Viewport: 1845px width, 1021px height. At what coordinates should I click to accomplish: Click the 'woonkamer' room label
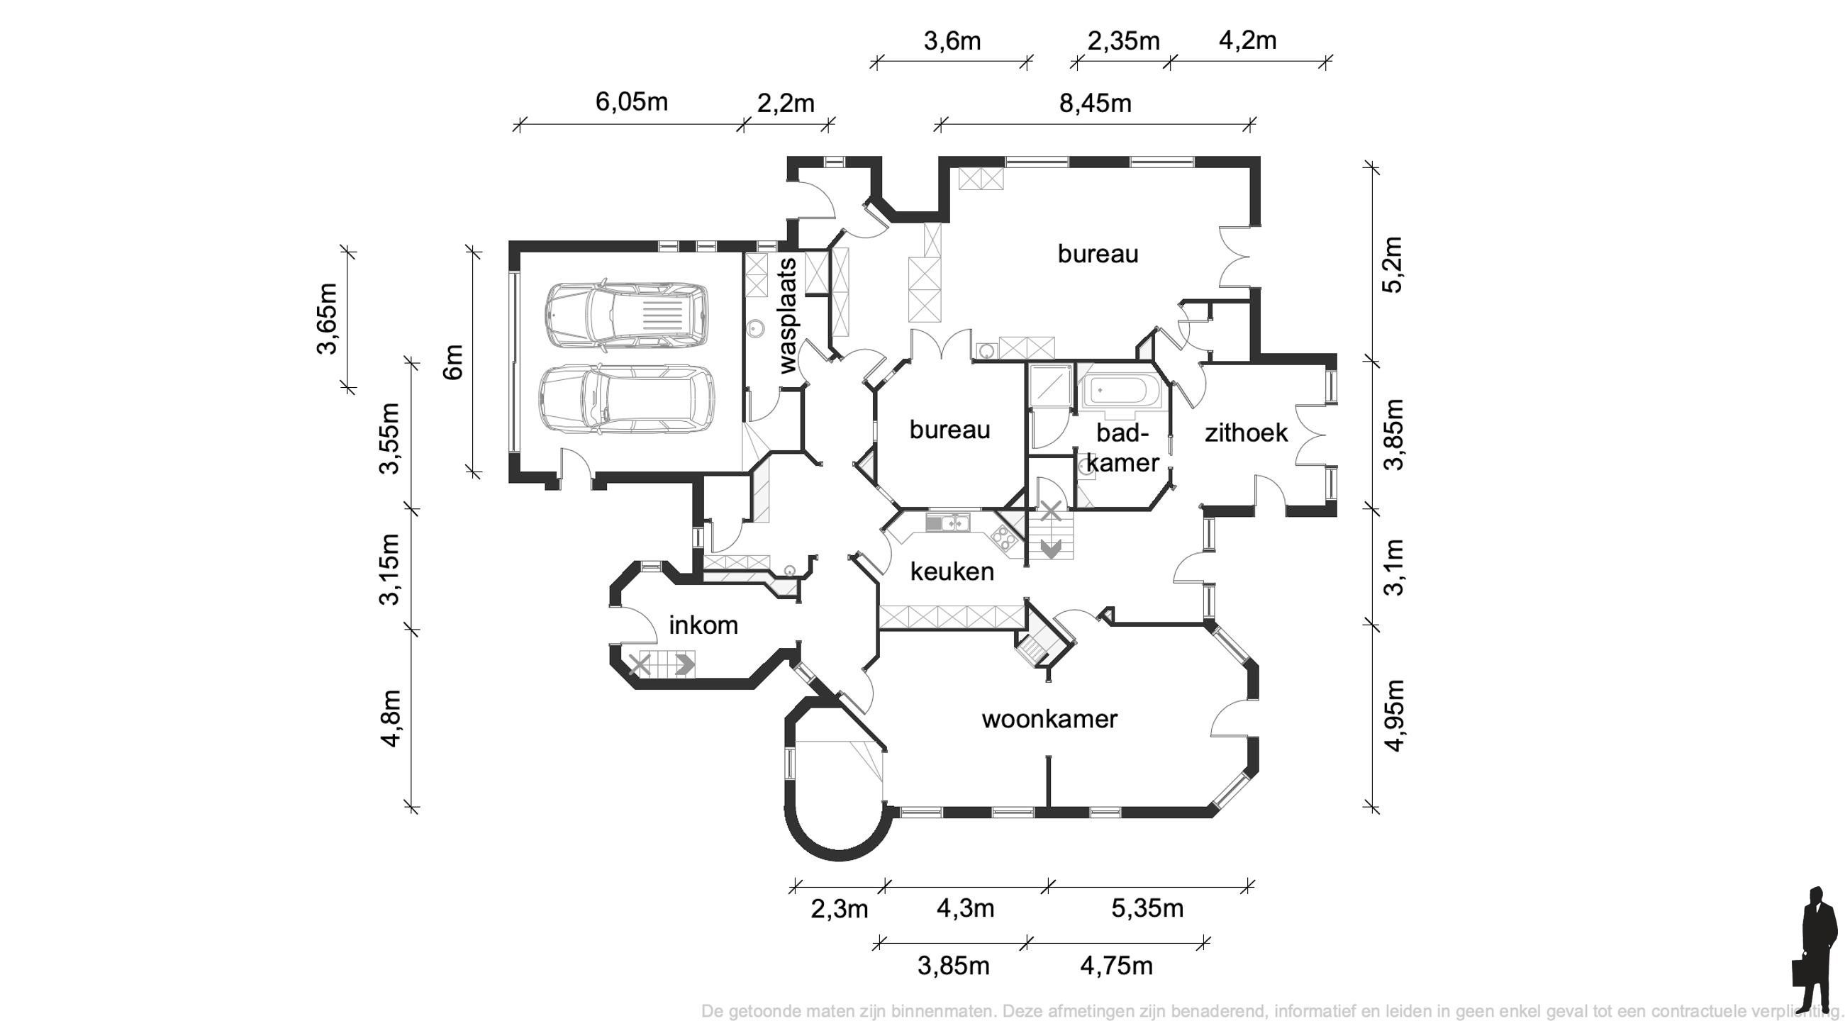(1049, 719)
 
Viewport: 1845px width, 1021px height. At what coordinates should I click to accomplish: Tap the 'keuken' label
(952, 571)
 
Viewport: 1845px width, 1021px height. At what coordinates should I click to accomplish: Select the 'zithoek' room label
(1247, 433)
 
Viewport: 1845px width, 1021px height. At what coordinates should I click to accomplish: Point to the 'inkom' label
(703, 625)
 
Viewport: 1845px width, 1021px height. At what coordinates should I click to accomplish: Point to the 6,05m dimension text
(631, 101)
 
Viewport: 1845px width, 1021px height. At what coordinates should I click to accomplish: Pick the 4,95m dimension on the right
(1394, 715)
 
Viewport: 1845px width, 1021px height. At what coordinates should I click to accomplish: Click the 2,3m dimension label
(839, 909)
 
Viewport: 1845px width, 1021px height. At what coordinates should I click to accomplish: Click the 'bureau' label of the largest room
(1097, 254)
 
